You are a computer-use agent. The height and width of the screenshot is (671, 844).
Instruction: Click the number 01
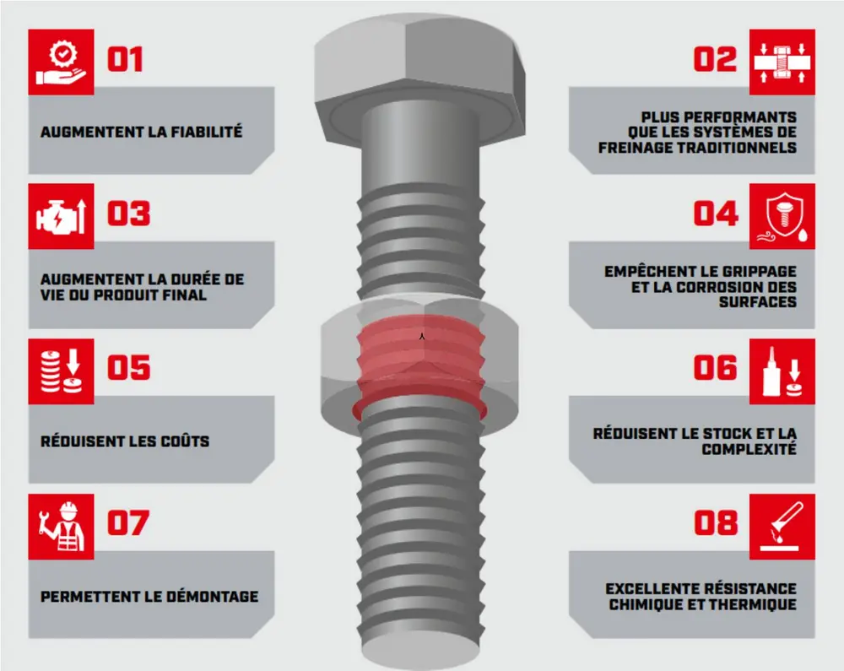click(x=125, y=60)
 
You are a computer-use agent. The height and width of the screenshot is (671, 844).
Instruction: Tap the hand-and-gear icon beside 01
click(x=61, y=62)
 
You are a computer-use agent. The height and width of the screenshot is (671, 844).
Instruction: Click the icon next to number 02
click(x=782, y=62)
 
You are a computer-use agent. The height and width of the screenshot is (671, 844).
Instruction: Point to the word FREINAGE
click(x=635, y=147)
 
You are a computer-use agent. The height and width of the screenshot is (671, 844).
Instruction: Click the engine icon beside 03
click(x=61, y=217)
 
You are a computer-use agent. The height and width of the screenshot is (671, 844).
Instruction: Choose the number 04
click(x=716, y=214)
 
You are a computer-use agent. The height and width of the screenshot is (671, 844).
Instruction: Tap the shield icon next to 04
click(x=782, y=217)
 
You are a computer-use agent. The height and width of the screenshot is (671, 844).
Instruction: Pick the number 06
click(x=716, y=369)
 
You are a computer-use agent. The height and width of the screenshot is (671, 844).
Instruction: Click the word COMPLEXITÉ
click(x=749, y=449)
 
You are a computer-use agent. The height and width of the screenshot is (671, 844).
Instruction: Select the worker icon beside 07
click(x=61, y=526)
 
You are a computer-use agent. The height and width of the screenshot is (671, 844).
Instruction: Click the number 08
click(x=716, y=523)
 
